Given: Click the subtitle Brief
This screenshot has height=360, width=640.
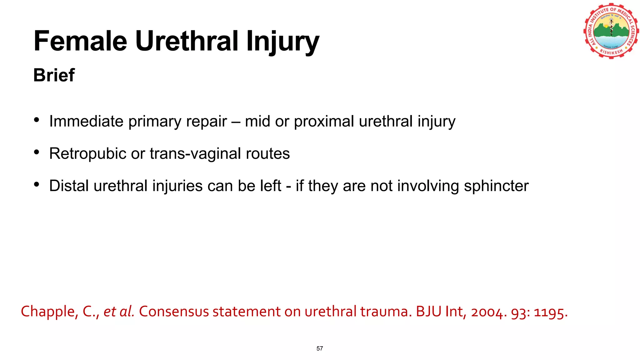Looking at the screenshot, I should (x=54, y=75).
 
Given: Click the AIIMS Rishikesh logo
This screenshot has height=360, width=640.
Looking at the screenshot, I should (x=611, y=31).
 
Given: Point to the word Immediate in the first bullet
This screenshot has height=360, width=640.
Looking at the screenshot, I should (x=86, y=121).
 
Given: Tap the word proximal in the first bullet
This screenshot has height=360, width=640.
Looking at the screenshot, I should (x=324, y=122).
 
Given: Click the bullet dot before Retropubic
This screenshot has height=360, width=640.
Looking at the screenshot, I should (x=37, y=152).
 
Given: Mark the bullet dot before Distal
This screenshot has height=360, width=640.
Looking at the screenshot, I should (x=37, y=185).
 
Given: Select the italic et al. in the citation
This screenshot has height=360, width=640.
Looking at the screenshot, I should (x=119, y=312).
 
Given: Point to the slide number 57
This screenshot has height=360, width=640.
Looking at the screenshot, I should (x=320, y=348).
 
